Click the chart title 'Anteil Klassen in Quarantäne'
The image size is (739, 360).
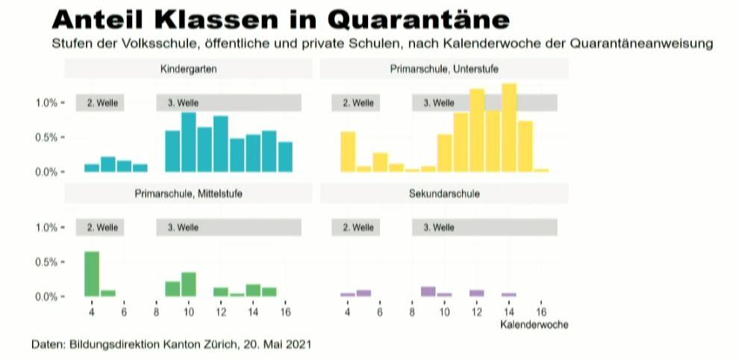pos(281,19)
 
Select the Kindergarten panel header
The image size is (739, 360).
pos(183,69)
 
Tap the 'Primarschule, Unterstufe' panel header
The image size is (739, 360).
pos(444,69)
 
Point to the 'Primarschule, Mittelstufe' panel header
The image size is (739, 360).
pos(188,193)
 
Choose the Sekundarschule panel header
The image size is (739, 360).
pos(444,193)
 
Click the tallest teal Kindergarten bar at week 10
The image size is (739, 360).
pos(189,143)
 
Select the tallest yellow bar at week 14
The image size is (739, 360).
pos(509,128)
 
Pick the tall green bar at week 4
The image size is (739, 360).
pos(92,274)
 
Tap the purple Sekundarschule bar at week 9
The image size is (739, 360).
pos(428,292)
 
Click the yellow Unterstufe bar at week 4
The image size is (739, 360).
pos(348,152)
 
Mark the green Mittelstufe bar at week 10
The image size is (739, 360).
pos(189,285)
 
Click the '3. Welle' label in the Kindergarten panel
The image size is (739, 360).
pos(183,103)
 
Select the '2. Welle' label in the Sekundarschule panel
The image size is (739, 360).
pos(358,227)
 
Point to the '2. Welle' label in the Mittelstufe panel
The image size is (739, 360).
pos(102,227)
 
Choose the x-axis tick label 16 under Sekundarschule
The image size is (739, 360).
pos(542,311)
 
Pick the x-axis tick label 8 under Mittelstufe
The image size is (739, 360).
pos(156,311)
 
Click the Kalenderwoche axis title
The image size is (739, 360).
pos(534,325)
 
